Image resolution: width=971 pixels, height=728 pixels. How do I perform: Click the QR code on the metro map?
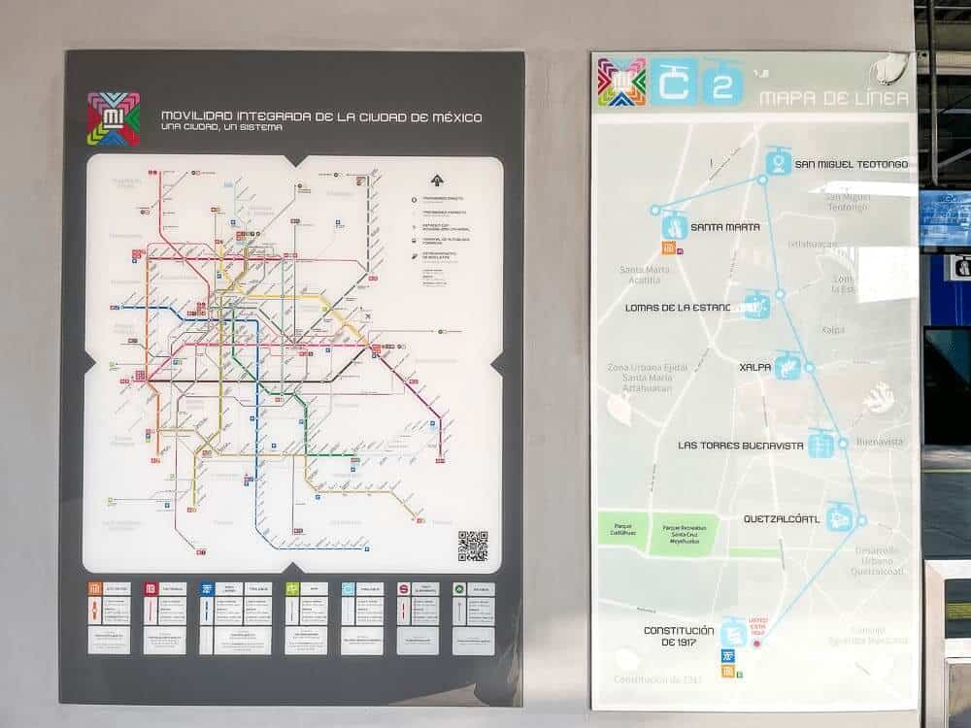coord(473,546)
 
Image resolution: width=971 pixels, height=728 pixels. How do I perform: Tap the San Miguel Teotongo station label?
coord(852,164)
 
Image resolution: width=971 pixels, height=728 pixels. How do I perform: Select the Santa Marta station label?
coord(725,227)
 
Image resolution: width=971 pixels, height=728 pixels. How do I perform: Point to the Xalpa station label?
coord(754,368)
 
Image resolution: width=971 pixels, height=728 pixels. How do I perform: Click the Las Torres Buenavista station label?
coord(741,446)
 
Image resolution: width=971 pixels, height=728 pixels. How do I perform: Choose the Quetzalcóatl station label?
coord(782,518)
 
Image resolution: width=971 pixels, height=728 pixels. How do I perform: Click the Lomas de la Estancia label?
coord(686,308)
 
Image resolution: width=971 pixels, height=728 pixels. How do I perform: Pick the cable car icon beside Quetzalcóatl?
coord(840,517)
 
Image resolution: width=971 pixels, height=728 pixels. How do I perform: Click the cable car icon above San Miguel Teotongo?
coord(778,161)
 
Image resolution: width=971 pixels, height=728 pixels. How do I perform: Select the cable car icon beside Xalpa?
coord(788,366)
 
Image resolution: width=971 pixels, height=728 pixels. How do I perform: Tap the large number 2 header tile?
coord(722,84)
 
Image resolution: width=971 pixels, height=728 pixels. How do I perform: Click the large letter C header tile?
coord(673,83)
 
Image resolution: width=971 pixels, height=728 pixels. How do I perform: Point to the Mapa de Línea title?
coord(834,98)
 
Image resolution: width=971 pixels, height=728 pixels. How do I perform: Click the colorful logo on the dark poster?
coord(114,118)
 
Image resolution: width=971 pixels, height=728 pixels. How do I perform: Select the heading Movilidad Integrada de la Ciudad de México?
coord(321,117)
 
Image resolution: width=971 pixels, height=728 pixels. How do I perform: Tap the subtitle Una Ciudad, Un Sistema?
coord(222,129)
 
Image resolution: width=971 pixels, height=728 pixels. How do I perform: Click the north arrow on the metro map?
coord(436,179)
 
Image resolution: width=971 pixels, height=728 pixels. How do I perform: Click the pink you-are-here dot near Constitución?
coord(757,643)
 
